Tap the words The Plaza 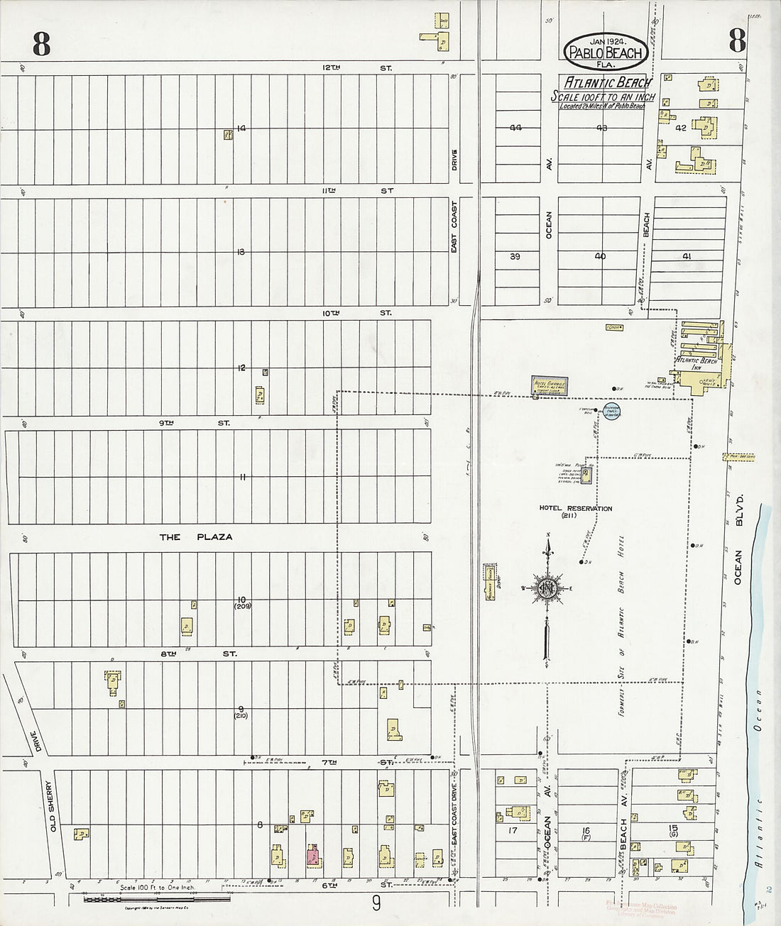(196, 537)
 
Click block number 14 (241, 128)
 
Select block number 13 (241, 252)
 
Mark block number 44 (515, 128)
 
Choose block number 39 (515, 256)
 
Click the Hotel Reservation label (574, 511)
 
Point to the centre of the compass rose (547, 588)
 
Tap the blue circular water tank (612, 411)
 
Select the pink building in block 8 (312, 856)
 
